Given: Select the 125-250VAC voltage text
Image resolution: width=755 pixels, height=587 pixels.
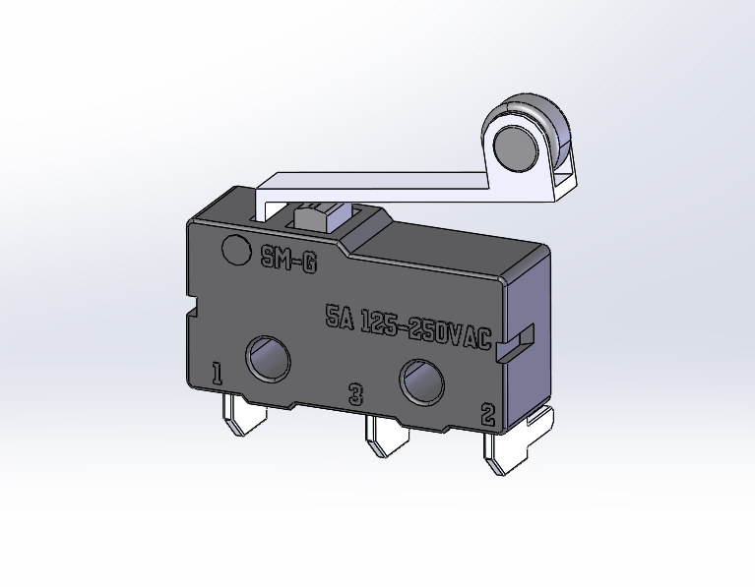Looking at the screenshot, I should tap(425, 328).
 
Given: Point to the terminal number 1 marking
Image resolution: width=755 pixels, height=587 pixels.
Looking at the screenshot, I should tap(217, 374).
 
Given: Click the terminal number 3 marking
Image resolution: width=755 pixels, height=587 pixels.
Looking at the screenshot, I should tap(356, 395).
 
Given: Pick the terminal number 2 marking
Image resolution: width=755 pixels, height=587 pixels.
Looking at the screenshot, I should tap(487, 415).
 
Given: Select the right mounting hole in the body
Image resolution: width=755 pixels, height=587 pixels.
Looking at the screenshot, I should tap(420, 381).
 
